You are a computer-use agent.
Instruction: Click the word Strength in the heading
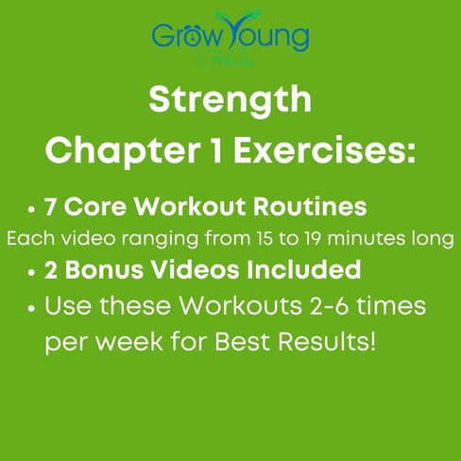(230, 98)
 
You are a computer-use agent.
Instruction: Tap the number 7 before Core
(52, 207)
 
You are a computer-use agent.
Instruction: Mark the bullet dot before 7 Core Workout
(33, 209)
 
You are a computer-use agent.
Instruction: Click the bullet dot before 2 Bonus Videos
(33, 273)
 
